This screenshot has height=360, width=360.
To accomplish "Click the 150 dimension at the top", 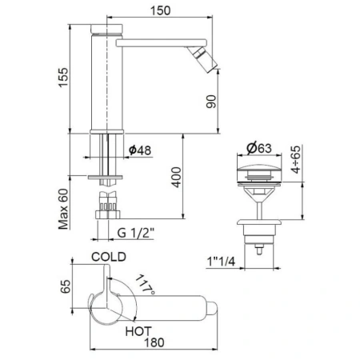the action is [160, 10].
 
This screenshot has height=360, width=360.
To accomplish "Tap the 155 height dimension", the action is [63, 78].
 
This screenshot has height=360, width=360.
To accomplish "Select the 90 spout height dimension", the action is [211, 102].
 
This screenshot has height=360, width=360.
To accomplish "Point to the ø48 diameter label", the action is [140, 150].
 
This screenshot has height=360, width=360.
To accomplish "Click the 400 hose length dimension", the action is [176, 178].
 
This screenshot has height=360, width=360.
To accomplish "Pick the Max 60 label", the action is [63, 209].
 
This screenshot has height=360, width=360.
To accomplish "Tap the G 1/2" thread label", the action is [136, 233].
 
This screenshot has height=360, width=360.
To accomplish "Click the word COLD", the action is [109, 257].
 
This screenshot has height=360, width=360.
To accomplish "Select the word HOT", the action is [138, 331].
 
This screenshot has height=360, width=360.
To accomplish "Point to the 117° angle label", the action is [145, 285].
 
